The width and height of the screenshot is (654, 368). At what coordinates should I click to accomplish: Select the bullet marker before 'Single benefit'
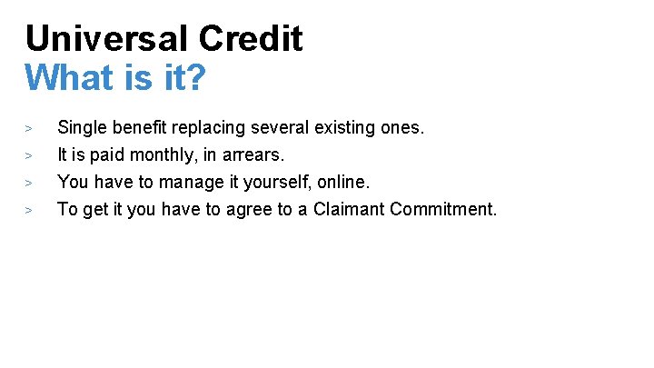pos(29,128)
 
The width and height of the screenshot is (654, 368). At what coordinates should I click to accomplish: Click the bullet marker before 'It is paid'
pos(29,155)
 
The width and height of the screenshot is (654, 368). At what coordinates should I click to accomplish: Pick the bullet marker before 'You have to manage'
pos(29,183)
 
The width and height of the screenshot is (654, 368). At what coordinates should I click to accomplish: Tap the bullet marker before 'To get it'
pos(29,210)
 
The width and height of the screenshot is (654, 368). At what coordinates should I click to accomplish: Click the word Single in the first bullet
pos(80,128)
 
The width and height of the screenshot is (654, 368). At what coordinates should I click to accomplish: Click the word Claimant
pos(350,209)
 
